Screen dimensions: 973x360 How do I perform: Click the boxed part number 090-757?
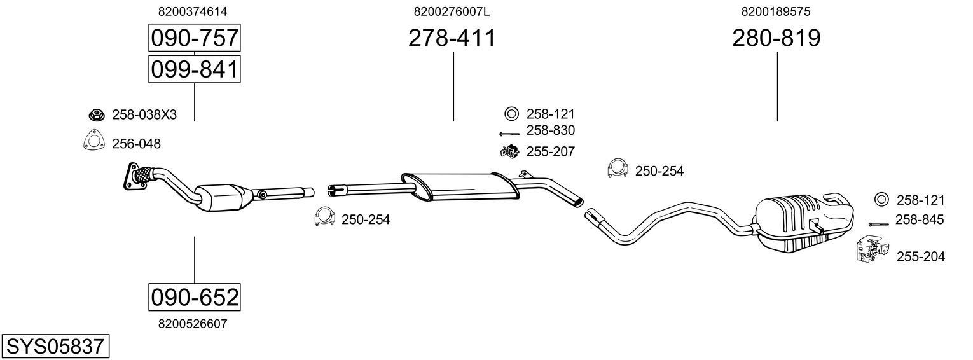(195, 38)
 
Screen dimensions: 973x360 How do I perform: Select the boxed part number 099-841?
(195, 69)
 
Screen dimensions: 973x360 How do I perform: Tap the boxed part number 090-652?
(195, 298)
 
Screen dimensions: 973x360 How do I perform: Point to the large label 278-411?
(452, 38)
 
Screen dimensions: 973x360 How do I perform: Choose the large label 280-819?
(776, 38)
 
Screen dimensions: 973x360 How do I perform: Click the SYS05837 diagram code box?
(55, 347)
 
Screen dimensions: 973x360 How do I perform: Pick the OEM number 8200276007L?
(452, 11)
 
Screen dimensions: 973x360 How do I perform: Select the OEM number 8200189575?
(776, 11)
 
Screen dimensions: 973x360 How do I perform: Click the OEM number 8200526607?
(193, 324)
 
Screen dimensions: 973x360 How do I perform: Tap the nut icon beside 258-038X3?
(96, 115)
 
